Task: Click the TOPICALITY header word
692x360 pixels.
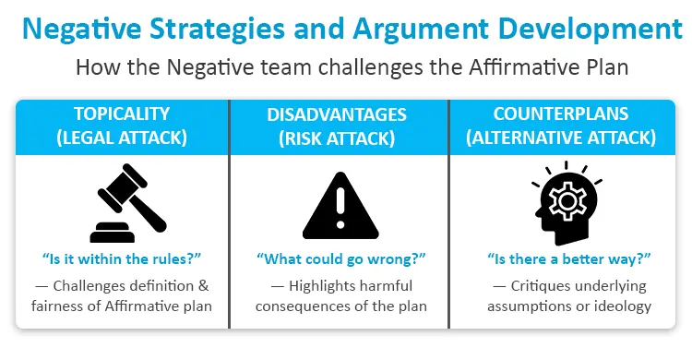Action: pos(122,114)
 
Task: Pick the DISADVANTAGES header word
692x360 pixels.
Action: pos(338,114)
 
